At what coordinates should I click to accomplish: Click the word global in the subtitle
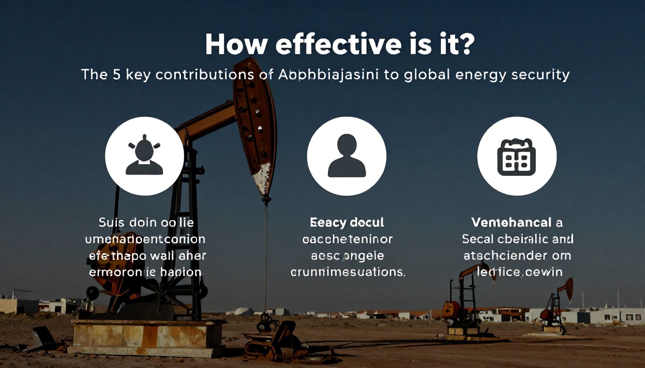tap(427, 74)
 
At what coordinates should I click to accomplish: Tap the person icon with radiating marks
tap(144, 156)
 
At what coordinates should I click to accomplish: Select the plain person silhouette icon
tap(346, 156)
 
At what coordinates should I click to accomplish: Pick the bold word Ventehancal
tap(511, 222)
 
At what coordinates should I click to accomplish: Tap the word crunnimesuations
tap(347, 272)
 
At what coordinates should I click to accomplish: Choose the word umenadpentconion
tap(145, 239)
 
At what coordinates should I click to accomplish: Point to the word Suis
tap(108, 222)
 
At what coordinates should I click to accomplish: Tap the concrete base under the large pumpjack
tap(144, 336)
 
